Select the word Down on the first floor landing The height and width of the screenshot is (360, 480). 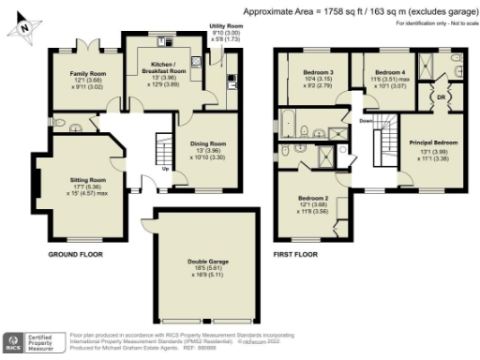coord(366,121)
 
